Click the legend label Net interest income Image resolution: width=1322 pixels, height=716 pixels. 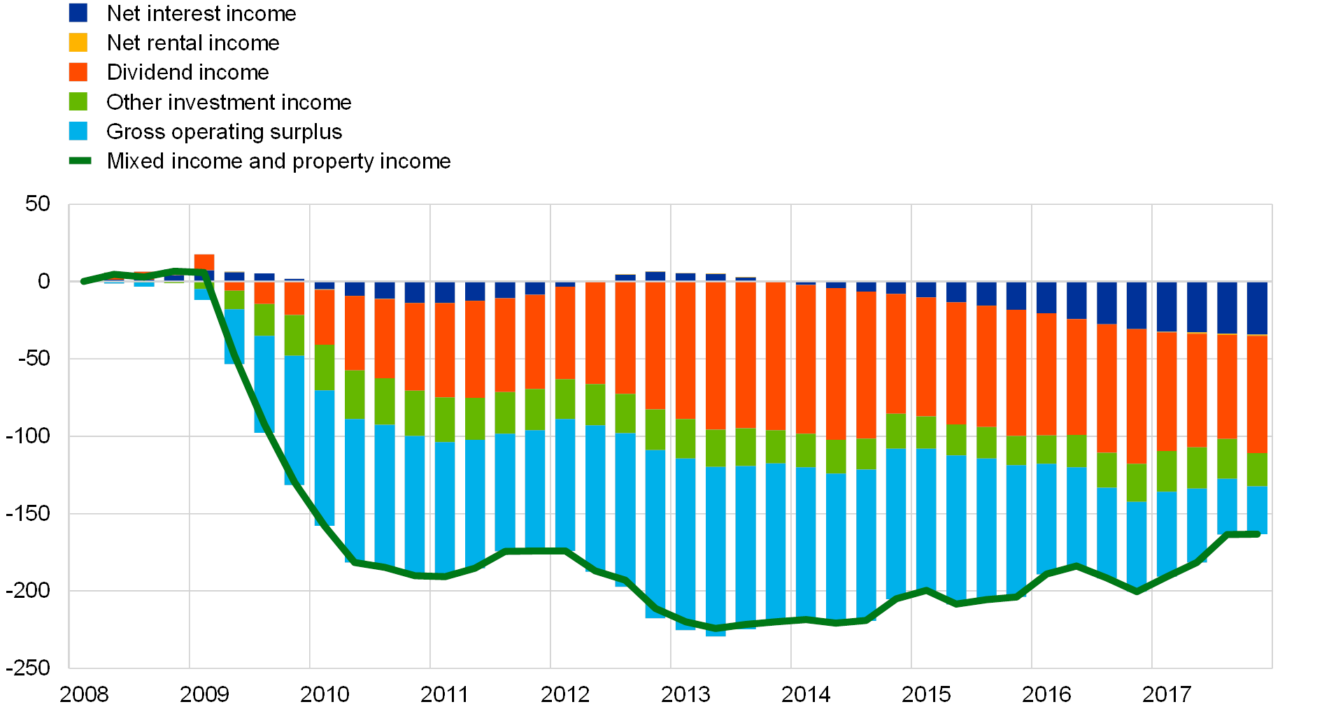202,13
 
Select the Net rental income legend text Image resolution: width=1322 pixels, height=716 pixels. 194,43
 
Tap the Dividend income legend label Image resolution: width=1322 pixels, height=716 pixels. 188,72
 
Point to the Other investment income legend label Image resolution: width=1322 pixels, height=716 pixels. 229,102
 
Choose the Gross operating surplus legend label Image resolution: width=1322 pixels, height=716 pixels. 224,131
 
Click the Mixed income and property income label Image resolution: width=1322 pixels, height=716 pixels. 279,162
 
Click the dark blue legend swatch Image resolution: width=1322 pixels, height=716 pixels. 78,13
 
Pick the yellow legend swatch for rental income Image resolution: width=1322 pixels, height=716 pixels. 78,43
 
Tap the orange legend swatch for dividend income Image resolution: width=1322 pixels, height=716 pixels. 78,72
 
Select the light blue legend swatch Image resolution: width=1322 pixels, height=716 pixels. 78,131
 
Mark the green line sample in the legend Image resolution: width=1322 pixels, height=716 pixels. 80,162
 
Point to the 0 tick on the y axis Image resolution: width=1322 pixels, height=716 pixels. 44,282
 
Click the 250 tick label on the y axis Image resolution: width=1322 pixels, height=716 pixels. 32,668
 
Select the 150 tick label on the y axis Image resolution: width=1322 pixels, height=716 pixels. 32,513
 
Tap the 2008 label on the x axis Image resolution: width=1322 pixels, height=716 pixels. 84,694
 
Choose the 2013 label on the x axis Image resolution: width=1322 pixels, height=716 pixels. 685,694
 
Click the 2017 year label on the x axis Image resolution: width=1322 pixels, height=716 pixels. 1167,694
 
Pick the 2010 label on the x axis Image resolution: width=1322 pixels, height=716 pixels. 325,694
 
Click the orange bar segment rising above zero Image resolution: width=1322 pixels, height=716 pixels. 204,262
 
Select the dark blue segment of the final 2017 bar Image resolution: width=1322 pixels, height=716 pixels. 1257,308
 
